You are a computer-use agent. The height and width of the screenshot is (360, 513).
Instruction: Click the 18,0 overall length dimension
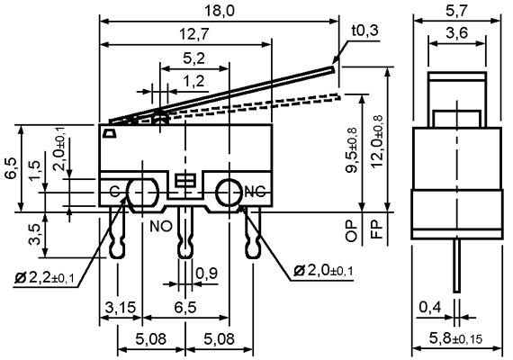point(220,11)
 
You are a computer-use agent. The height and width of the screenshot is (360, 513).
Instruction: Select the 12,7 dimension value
point(194,34)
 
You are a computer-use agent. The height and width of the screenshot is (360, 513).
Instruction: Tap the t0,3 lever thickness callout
point(364,31)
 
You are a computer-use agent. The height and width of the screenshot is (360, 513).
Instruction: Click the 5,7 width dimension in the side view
point(456,12)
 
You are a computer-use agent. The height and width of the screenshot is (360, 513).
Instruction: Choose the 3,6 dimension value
point(456,33)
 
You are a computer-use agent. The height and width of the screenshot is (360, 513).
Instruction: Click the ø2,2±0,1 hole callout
point(44,278)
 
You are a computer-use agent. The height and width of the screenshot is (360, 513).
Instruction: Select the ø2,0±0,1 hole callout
point(323,271)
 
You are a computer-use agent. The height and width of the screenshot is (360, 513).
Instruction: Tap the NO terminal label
point(161,226)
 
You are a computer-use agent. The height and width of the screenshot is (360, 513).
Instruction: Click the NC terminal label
point(256,192)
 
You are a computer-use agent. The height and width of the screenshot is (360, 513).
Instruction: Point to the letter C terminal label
point(114,192)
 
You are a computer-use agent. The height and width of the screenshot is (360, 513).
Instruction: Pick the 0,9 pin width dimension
point(206,273)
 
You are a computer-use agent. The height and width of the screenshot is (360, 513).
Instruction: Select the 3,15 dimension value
point(120,307)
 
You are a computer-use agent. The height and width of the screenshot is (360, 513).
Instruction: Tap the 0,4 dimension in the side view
point(430,307)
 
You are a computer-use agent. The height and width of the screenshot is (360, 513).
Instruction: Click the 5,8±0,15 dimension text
point(455,338)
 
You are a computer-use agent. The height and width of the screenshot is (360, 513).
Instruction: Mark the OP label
point(352,230)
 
